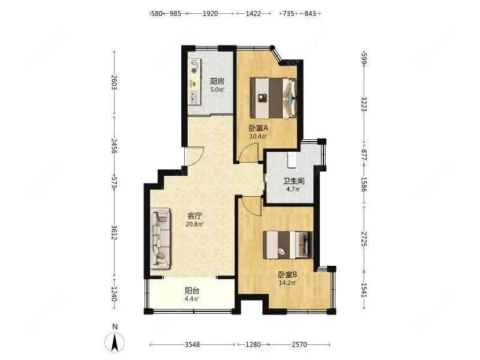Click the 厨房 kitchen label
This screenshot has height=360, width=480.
point(217,82)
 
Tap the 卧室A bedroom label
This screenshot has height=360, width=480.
point(259,127)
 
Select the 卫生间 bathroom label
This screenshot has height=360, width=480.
point(293,181)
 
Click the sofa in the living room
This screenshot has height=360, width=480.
point(161,238)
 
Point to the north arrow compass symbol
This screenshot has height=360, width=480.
point(115,341)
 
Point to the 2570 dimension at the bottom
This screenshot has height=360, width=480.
point(299,345)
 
